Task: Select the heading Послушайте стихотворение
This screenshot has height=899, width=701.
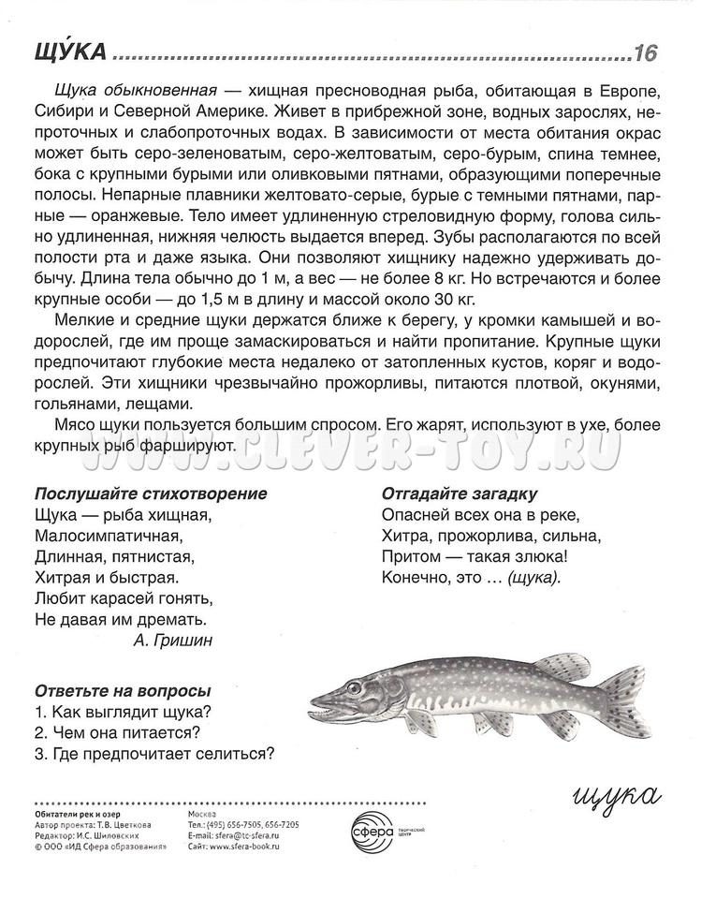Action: [x=151, y=494]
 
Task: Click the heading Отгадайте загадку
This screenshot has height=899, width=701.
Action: [x=465, y=494]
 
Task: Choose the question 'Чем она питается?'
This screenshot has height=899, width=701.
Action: [x=119, y=731]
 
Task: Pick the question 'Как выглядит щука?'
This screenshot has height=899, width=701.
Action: [x=122, y=711]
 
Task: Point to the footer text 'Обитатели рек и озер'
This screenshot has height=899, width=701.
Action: [x=75, y=814]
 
